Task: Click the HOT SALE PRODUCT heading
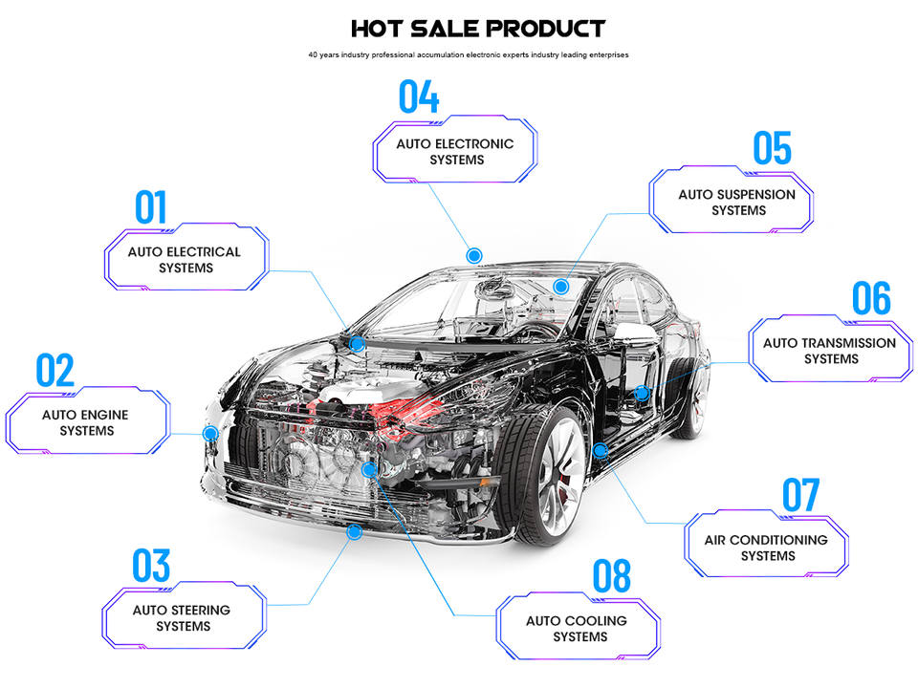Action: (477, 29)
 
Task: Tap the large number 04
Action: (419, 97)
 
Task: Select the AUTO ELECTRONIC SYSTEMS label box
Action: (455, 152)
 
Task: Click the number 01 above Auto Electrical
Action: (151, 207)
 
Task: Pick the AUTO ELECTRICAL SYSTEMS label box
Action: (185, 260)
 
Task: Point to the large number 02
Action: (55, 372)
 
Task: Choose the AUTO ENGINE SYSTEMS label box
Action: (86, 423)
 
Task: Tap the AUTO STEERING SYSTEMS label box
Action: (182, 618)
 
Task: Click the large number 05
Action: (773, 149)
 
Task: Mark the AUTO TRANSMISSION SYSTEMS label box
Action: (830, 351)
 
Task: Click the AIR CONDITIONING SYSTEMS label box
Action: (766, 548)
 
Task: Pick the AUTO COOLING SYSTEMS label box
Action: (577, 629)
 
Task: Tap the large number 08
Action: (612, 577)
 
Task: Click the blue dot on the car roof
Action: (473, 255)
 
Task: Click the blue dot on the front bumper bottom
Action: (354, 531)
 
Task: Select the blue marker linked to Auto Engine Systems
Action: (210, 433)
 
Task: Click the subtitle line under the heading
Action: (469, 54)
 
